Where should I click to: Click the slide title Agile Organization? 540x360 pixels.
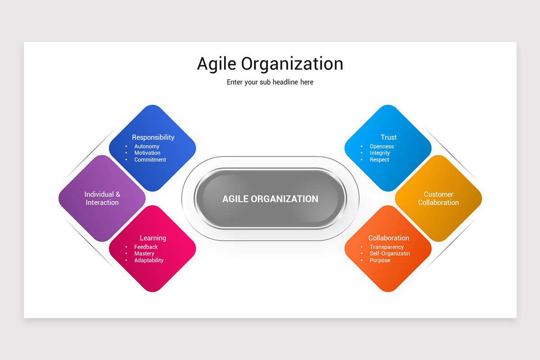(270, 64)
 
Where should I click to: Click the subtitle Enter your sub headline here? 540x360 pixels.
(270, 82)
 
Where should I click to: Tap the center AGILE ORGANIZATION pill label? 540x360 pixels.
(270, 199)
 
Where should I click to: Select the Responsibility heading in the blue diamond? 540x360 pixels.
(153, 137)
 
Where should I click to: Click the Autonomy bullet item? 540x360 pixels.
(147, 146)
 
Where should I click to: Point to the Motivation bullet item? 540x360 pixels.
(147, 153)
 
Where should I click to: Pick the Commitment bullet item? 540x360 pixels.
(150, 160)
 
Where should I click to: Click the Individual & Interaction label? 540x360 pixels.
(102, 198)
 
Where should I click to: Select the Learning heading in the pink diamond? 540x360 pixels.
(153, 238)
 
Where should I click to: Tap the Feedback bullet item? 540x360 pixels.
(146, 247)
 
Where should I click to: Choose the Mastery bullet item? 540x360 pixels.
(144, 254)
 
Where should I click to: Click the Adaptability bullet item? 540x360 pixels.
(148, 261)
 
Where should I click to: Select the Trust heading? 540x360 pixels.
(388, 137)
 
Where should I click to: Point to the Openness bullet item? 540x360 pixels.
(382, 146)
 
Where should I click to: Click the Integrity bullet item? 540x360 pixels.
(380, 153)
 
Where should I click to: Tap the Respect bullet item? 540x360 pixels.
(379, 160)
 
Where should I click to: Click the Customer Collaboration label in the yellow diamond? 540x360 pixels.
(438, 198)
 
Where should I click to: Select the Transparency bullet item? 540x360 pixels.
(387, 247)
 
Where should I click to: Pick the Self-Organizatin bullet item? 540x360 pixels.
(390, 254)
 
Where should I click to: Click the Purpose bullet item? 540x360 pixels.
(380, 261)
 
